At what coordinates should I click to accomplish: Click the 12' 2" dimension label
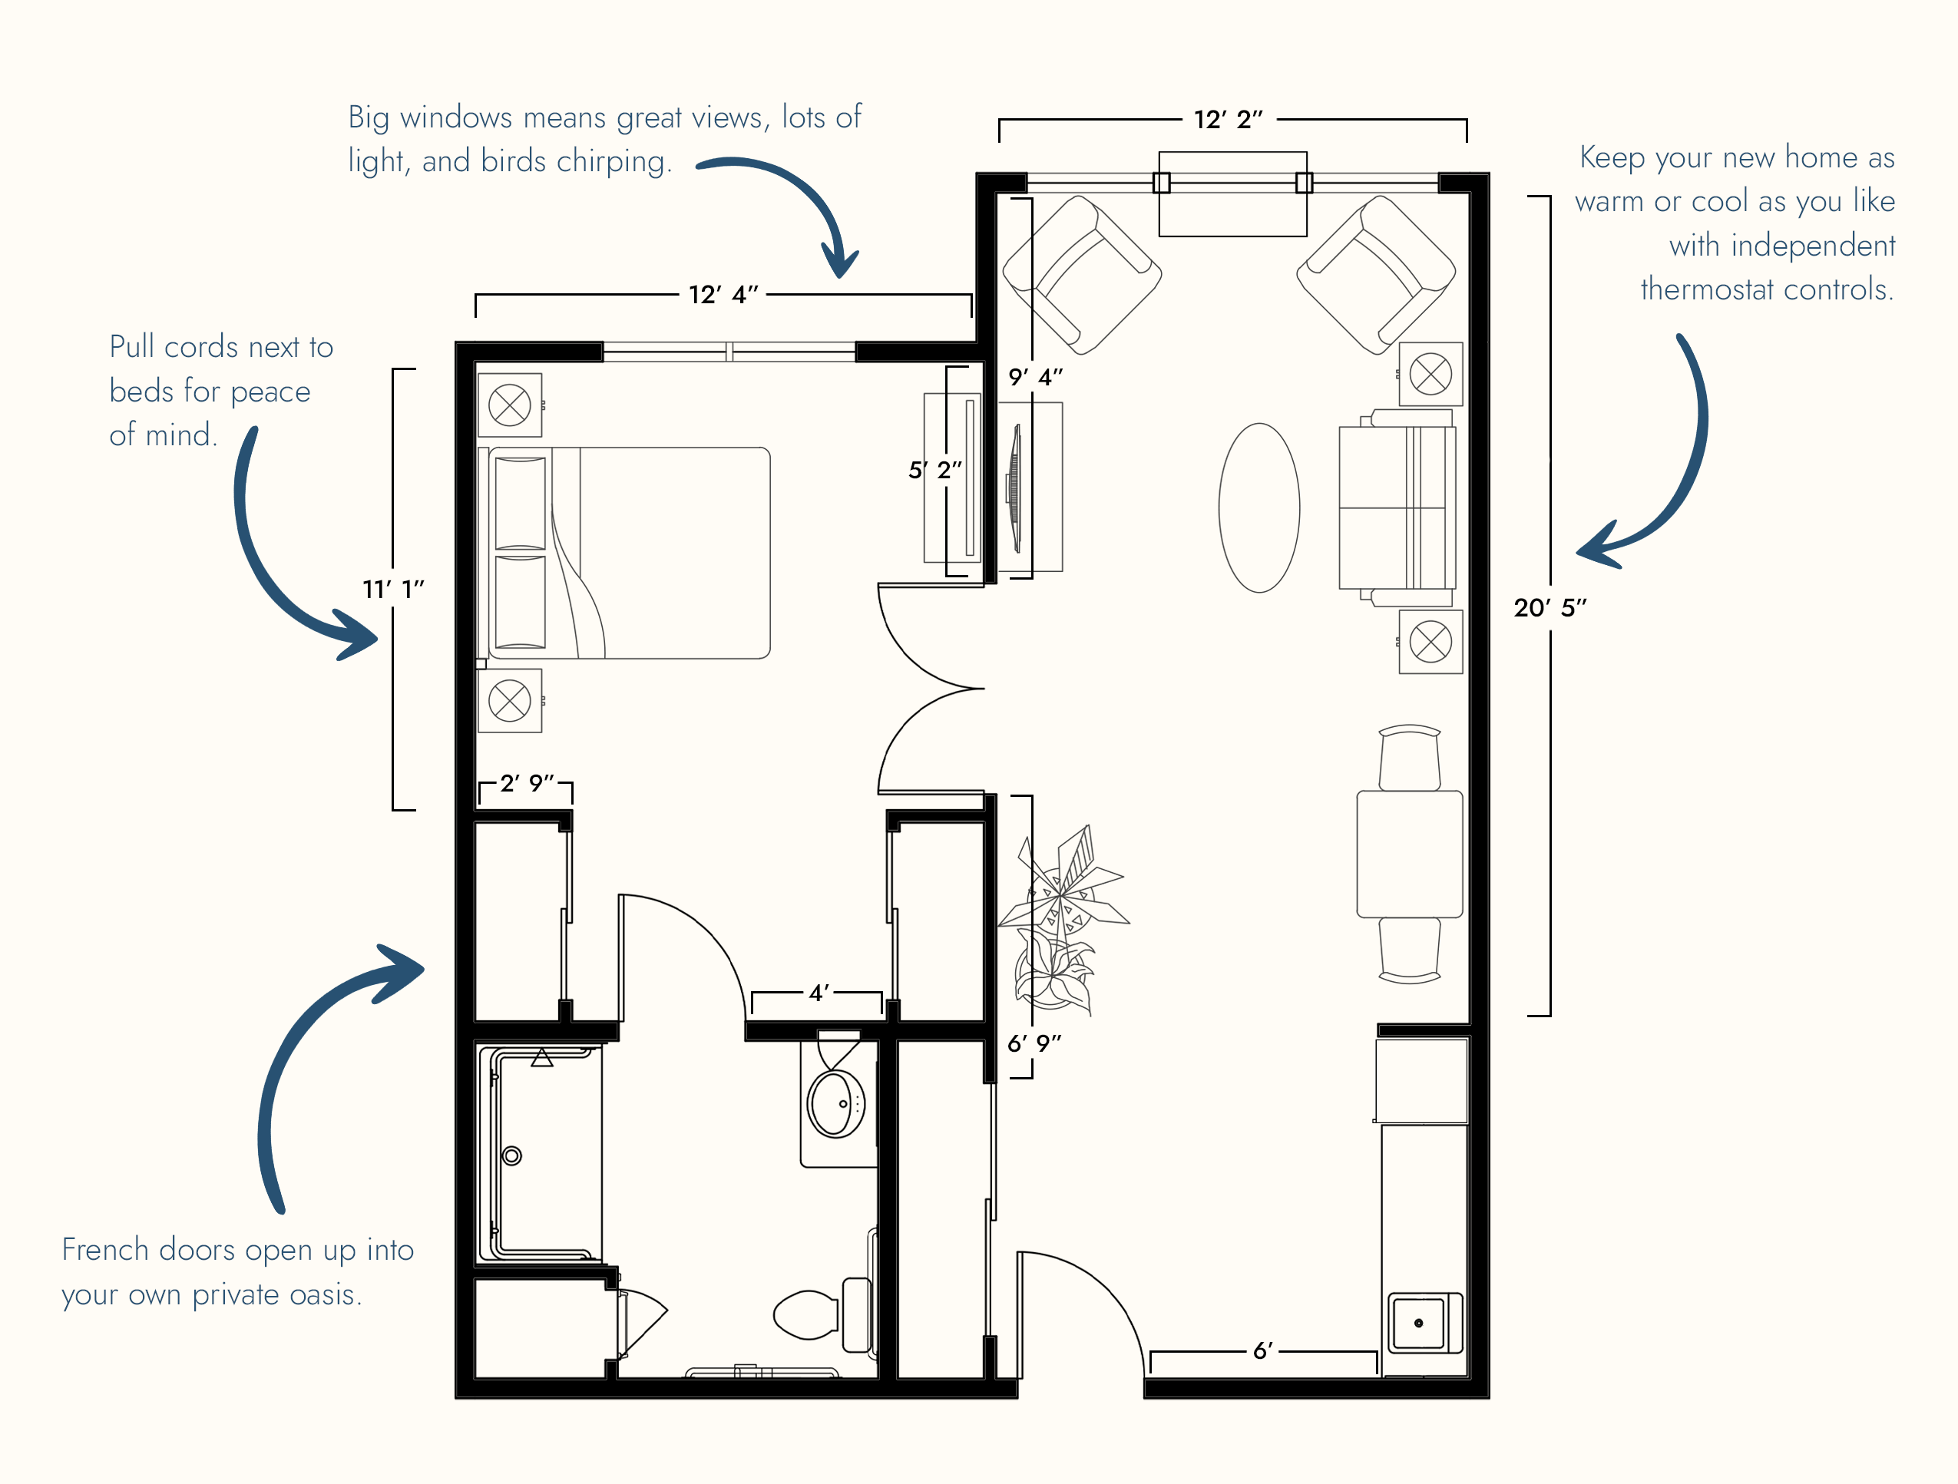tap(1228, 120)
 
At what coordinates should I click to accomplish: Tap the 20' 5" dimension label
tap(1550, 608)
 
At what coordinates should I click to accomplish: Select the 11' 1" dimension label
tap(393, 590)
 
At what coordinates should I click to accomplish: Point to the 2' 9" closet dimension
tap(527, 783)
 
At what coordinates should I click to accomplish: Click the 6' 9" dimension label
tap(1034, 1043)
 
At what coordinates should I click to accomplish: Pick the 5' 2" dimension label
tap(934, 470)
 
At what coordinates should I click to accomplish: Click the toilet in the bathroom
tap(822, 1315)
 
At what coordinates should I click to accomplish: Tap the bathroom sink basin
tap(835, 1103)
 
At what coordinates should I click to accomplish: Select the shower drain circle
tap(511, 1155)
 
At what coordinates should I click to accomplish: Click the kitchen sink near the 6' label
tap(1424, 1323)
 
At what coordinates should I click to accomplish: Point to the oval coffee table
tap(1258, 508)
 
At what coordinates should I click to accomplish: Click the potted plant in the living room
tap(1062, 920)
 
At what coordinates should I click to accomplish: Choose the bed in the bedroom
tap(624, 553)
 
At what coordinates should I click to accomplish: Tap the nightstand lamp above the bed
tap(510, 405)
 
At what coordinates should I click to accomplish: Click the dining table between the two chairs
tap(1409, 854)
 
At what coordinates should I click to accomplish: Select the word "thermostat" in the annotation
tap(1714, 289)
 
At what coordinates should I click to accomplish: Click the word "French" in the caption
tap(105, 1250)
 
